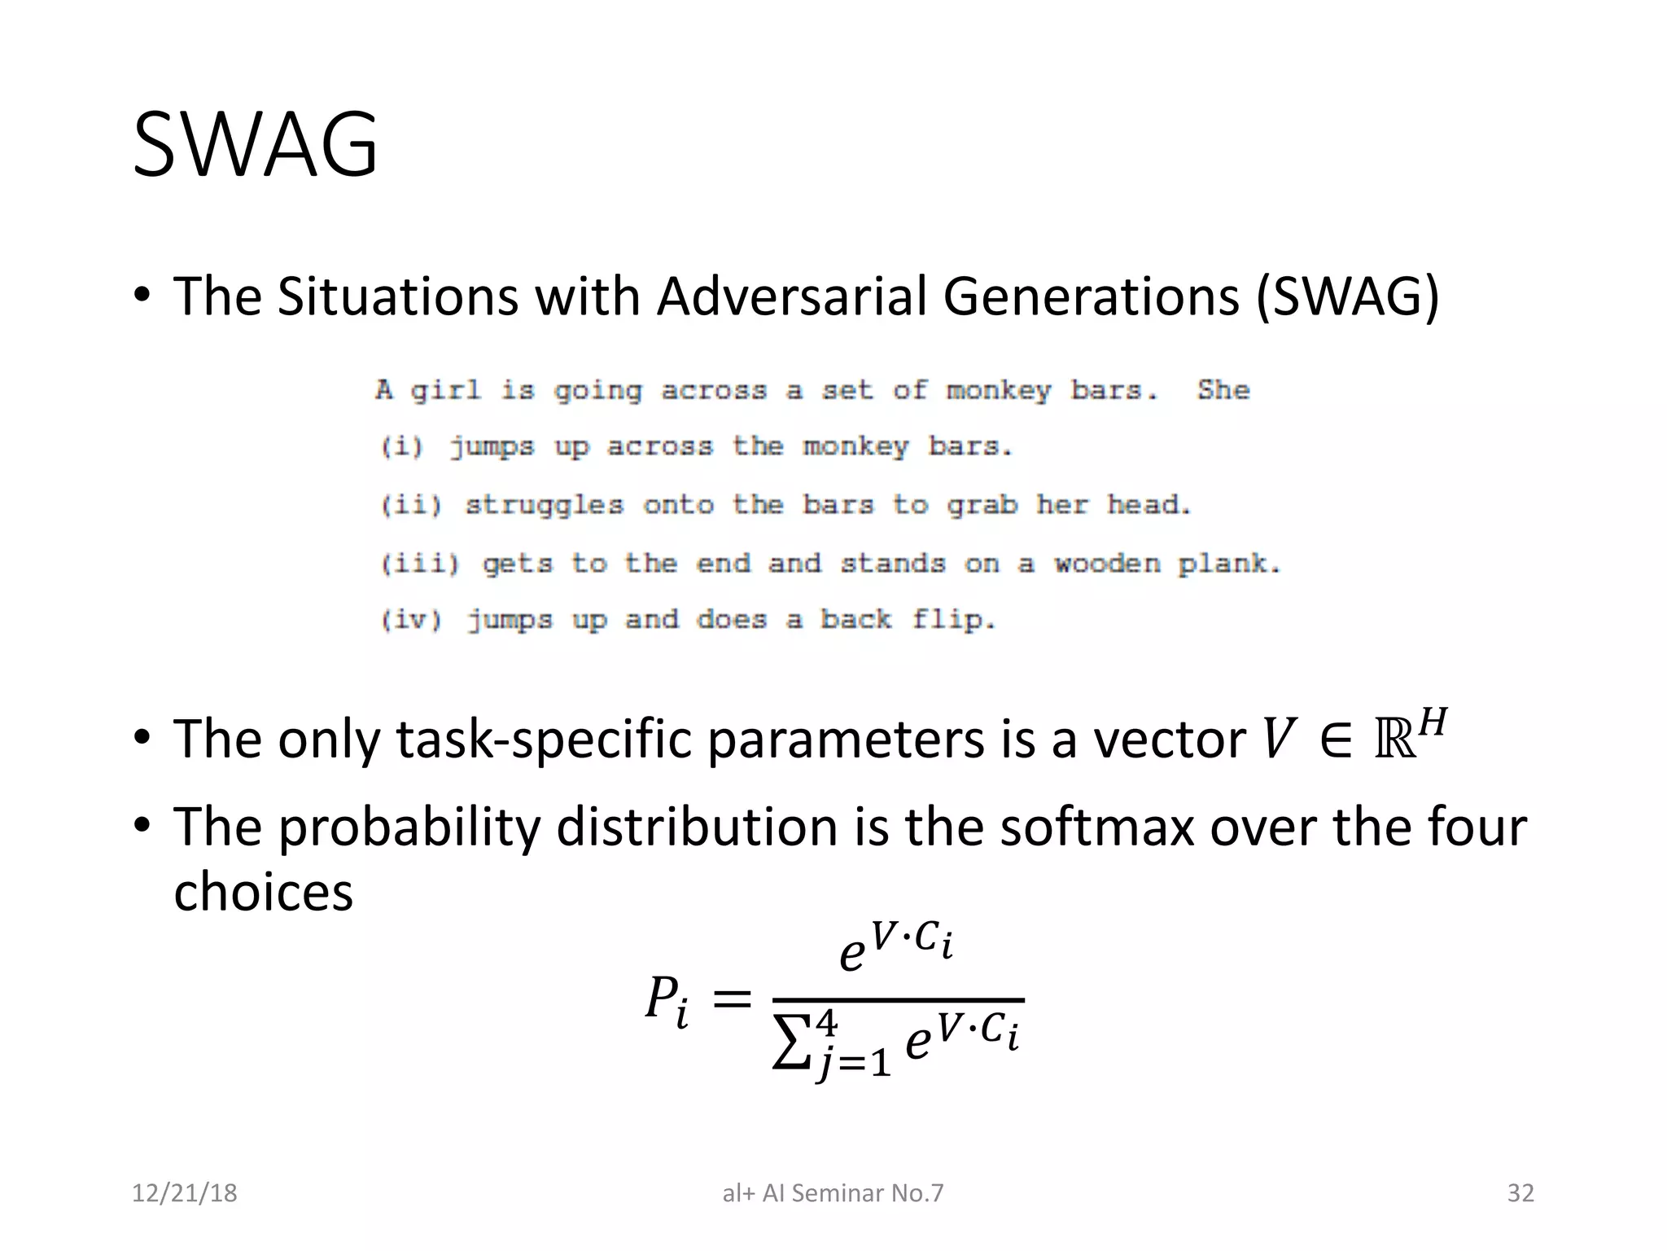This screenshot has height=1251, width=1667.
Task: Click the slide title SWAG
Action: tap(255, 145)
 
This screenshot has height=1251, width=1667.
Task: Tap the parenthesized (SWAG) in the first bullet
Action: tap(1347, 296)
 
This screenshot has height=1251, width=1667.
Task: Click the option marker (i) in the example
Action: tap(402, 447)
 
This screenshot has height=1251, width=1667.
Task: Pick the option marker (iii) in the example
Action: tap(420, 564)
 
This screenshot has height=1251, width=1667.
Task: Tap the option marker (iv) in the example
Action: tap(412, 621)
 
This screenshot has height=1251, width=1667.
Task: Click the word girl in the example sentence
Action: tap(445, 391)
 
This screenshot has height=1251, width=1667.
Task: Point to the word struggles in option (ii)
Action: tap(544, 506)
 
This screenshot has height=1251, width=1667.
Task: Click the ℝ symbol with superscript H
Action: tap(1409, 737)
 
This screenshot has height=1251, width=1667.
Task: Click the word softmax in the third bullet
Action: tap(1096, 827)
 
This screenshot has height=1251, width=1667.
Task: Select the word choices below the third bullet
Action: tap(263, 892)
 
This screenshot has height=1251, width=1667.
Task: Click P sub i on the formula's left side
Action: tap(667, 1000)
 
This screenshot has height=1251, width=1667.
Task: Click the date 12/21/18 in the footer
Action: tap(184, 1193)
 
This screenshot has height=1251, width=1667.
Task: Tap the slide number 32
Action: tap(1520, 1193)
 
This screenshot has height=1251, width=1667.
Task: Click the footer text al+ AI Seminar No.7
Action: tap(833, 1193)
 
